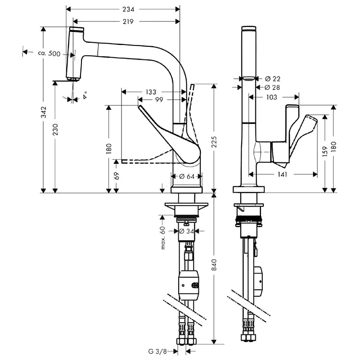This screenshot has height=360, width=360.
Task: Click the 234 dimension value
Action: tap(128, 9)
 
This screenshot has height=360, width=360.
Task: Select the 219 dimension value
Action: tap(128, 22)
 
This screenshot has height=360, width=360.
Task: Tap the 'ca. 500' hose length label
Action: tap(49, 54)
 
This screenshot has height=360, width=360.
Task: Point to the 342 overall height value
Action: tap(43, 112)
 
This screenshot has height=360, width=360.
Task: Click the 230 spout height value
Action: tap(55, 129)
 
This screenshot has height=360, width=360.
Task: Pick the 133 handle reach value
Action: tap(151, 92)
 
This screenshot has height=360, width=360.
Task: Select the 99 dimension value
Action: tap(159, 99)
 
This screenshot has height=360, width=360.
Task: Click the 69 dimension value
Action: tap(117, 175)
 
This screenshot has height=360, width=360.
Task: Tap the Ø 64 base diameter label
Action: tap(187, 176)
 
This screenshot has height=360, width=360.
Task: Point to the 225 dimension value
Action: tap(214, 142)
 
